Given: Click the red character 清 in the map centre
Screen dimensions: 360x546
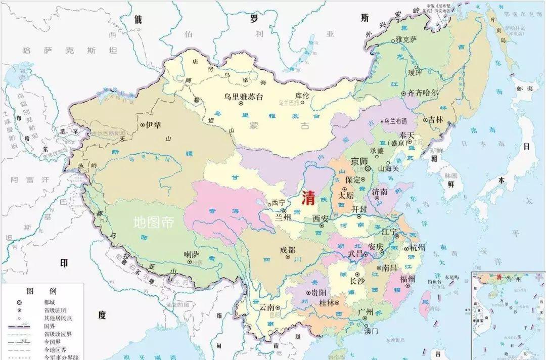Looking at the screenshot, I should pyautogui.click(x=308, y=198).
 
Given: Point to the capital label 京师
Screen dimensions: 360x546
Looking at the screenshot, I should pyautogui.click(x=359, y=160).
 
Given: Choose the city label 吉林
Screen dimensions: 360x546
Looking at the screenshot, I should pyautogui.click(x=435, y=120).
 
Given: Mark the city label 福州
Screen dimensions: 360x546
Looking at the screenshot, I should pyautogui.click(x=407, y=279).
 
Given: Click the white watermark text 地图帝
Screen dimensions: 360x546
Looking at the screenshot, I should pyautogui.click(x=153, y=222).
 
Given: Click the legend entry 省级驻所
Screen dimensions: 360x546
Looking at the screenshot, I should pyautogui.click(x=54, y=309).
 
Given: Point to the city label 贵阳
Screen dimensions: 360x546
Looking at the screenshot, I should pyautogui.click(x=318, y=293).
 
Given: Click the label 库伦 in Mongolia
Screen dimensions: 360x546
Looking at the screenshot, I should pyautogui.click(x=302, y=95).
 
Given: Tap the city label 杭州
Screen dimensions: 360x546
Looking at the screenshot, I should pyautogui.click(x=418, y=248).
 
